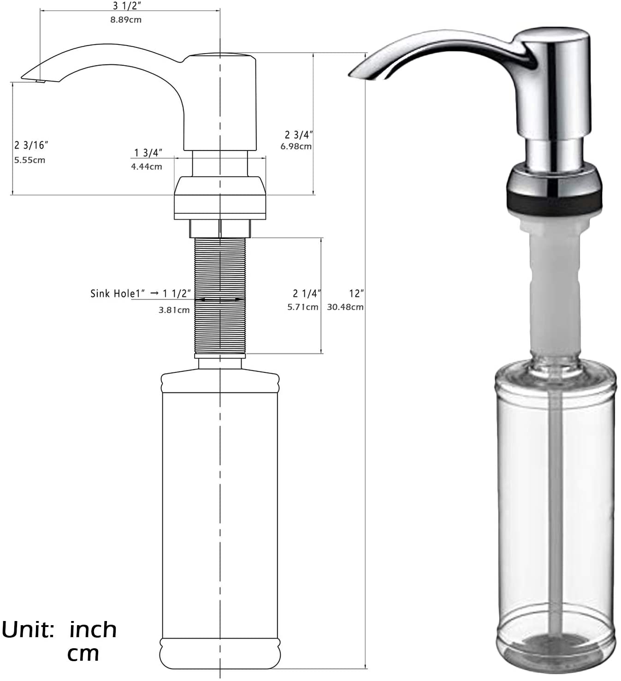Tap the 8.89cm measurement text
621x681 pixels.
click(x=126, y=20)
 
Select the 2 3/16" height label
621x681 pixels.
click(x=31, y=145)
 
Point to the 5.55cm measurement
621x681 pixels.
click(x=30, y=160)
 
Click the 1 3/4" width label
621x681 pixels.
click(x=148, y=153)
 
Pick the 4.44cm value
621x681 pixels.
click(x=147, y=167)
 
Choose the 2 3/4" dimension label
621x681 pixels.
click(x=298, y=135)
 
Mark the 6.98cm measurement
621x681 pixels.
click(x=296, y=146)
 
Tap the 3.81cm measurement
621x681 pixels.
click(x=174, y=310)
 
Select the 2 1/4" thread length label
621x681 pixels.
click(x=307, y=293)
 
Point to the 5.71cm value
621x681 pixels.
click(x=302, y=307)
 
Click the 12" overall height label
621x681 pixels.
click(x=356, y=293)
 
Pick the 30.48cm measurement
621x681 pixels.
click(x=345, y=307)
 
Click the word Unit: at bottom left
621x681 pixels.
click(x=28, y=630)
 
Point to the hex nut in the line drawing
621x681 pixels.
click(x=220, y=228)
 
